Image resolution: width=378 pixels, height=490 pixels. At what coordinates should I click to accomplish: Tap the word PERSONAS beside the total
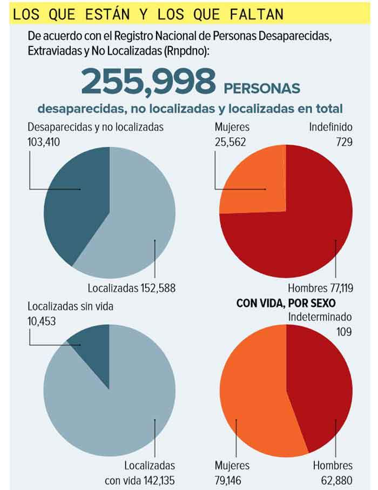click(x=261, y=88)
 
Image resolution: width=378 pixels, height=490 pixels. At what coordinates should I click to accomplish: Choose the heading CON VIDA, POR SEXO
click(x=286, y=303)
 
